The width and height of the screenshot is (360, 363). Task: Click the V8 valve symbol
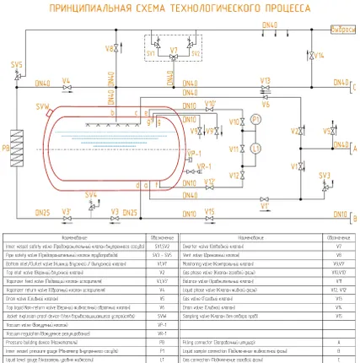[x=118, y=49]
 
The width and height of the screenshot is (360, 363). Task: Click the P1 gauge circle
[x=255, y=122]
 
